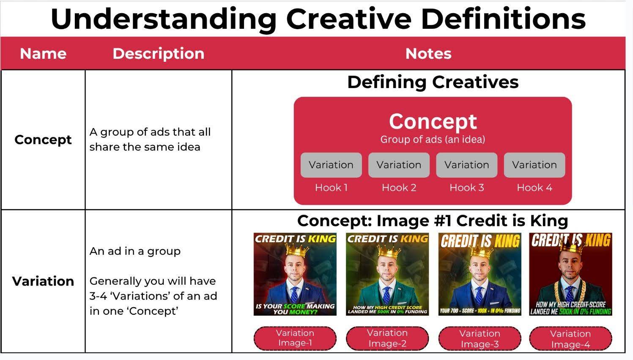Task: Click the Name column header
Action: click(x=43, y=53)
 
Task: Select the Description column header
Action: click(x=159, y=53)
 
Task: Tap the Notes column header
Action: click(x=428, y=53)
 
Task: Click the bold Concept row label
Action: click(x=43, y=140)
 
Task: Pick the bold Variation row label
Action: click(x=43, y=281)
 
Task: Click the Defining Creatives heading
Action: click(x=433, y=82)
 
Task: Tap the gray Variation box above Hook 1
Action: click(x=331, y=165)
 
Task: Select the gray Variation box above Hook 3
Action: click(x=466, y=165)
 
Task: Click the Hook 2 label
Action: click(x=399, y=187)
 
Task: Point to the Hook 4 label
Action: click(x=534, y=187)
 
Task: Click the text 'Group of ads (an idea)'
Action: click(x=433, y=140)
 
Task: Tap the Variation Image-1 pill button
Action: click(x=295, y=338)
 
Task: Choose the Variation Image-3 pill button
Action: click(x=480, y=339)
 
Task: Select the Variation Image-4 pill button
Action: click(x=570, y=339)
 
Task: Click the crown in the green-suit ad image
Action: click(x=389, y=252)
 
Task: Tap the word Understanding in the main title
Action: click(x=164, y=19)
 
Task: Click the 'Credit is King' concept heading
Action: click(x=433, y=220)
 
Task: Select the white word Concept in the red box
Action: click(x=433, y=121)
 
